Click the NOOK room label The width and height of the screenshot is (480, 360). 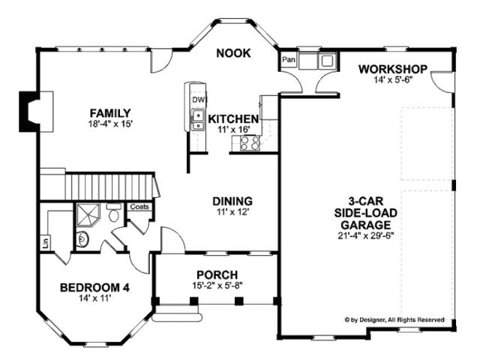point(233,53)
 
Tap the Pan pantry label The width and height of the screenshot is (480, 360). point(289,59)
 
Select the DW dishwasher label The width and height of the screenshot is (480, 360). point(198,100)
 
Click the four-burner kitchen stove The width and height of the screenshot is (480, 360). point(250,142)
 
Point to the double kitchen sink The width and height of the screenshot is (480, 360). point(198,120)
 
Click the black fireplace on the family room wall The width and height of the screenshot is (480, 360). point(29,112)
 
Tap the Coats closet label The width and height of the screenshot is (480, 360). point(139,207)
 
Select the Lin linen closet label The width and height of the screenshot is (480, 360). point(46,242)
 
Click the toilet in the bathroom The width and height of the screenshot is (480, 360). point(113,211)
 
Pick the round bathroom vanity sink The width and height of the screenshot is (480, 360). point(82,239)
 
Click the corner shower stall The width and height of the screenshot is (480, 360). point(88,214)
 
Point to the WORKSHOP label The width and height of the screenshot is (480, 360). point(393,69)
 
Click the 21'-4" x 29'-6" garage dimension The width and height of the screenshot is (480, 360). point(366,236)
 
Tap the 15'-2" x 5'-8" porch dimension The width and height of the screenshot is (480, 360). point(217,285)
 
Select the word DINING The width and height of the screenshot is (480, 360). point(232,201)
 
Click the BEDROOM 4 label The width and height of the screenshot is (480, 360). point(94,288)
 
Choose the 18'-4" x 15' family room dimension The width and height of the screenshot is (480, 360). point(110,124)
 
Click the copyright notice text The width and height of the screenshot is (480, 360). point(394,320)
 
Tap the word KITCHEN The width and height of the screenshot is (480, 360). point(233,118)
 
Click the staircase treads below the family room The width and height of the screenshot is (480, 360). point(109,187)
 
